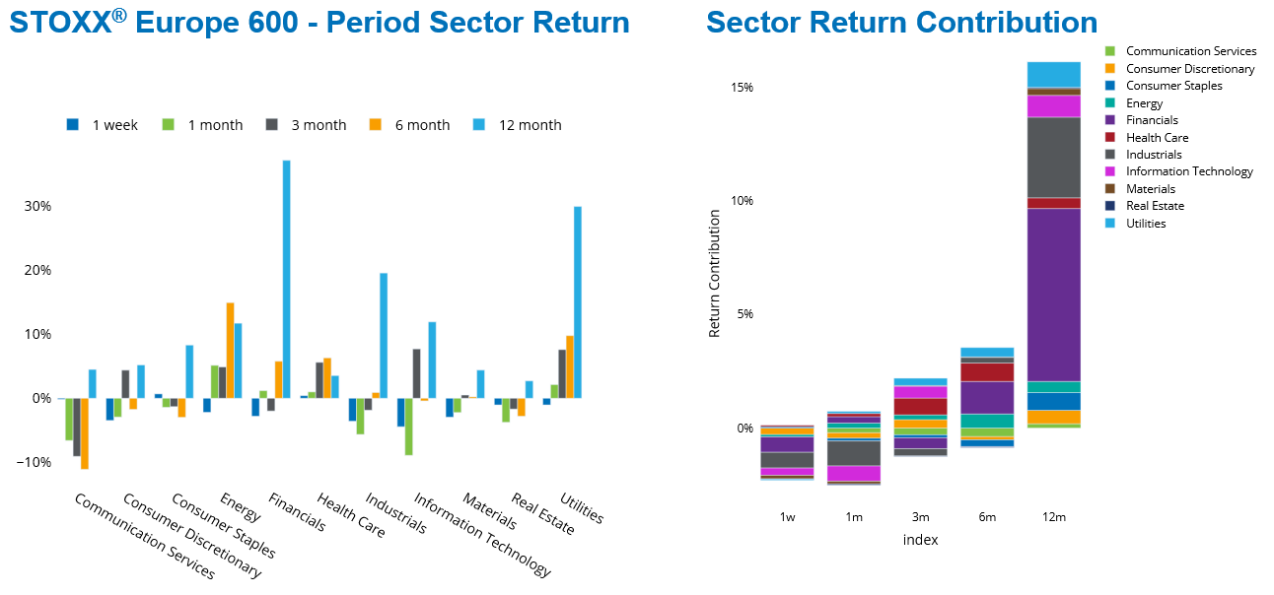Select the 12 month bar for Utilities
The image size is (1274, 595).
578,302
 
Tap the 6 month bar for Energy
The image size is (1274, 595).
231,350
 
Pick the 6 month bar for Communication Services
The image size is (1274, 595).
85,433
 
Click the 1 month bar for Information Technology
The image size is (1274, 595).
408,427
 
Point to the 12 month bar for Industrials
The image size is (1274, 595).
384,335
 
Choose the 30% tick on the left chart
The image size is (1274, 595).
37,206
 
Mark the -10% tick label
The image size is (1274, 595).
35,462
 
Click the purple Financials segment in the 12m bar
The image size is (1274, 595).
1054,295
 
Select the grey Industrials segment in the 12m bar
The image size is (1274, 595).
1054,158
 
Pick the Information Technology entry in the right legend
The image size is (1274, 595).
1188,171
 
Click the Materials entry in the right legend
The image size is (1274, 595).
1150,189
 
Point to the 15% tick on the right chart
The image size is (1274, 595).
742,88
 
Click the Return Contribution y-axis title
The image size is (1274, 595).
715,273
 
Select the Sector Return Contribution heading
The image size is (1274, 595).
901,23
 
